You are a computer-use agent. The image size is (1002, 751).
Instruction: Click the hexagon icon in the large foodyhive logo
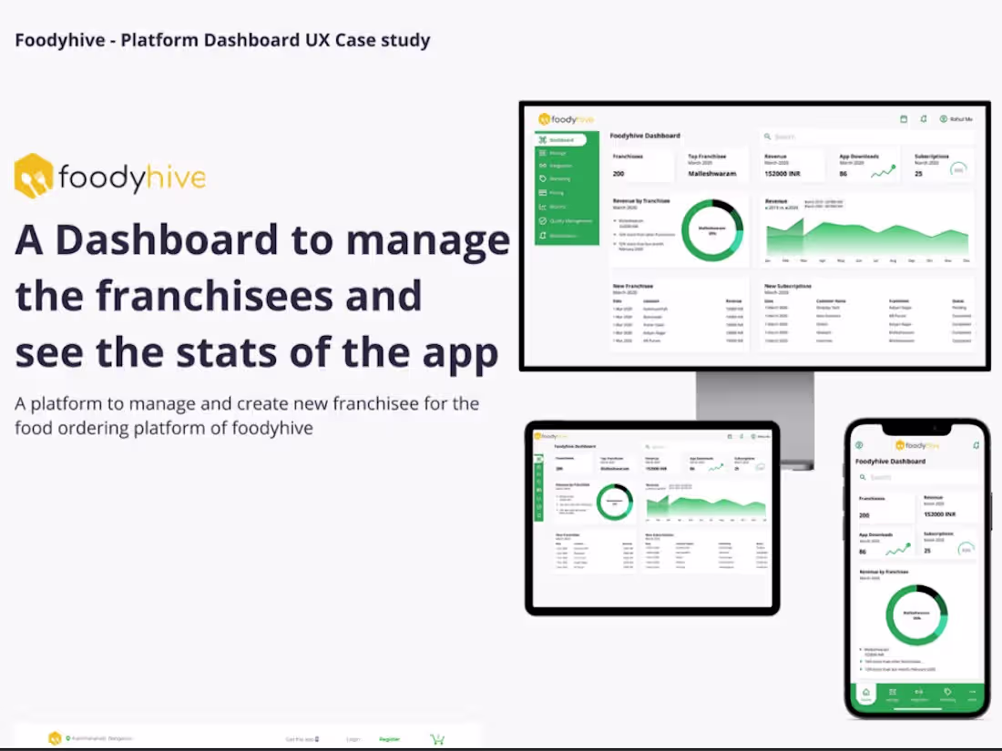(34, 176)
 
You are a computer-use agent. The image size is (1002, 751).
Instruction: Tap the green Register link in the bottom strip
(389, 739)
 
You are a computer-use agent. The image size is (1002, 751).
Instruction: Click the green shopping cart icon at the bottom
(437, 739)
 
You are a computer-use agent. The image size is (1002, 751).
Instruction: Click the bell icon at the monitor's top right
(923, 119)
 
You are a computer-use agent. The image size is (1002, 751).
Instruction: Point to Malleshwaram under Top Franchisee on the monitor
(711, 173)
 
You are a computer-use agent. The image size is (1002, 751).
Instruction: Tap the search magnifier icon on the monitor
(768, 137)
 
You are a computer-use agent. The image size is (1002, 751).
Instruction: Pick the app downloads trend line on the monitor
(882, 172)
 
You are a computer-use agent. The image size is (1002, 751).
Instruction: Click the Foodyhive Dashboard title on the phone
(890, 462)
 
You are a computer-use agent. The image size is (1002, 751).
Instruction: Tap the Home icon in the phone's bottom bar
(866, 694)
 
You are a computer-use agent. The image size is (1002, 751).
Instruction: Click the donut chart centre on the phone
(916, 614)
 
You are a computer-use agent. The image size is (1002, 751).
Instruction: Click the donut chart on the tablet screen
(614, 502)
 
